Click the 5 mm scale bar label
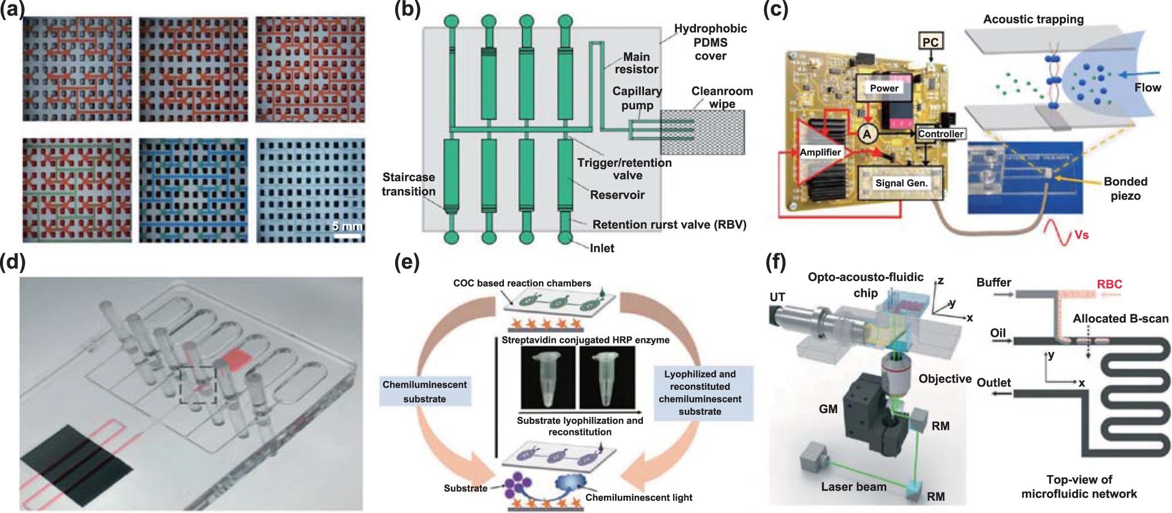pos(347,226)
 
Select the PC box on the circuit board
pos(930,42)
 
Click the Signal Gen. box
pos(900,183)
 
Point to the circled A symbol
pos(867,134)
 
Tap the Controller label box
pos(940,134)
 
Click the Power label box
pos(884,88)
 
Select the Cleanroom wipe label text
pos(722,98)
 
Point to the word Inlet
pos(602,248)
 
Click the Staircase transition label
pos(409,184)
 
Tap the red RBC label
pos(1109,284)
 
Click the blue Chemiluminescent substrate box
pos(425,391)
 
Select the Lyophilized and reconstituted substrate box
pos(700,393)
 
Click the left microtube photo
pos(548,378)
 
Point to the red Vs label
pos(1081,235)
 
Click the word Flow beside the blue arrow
pos(1147,88)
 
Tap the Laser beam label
pos(853,487)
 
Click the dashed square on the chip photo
pos(197,385)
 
